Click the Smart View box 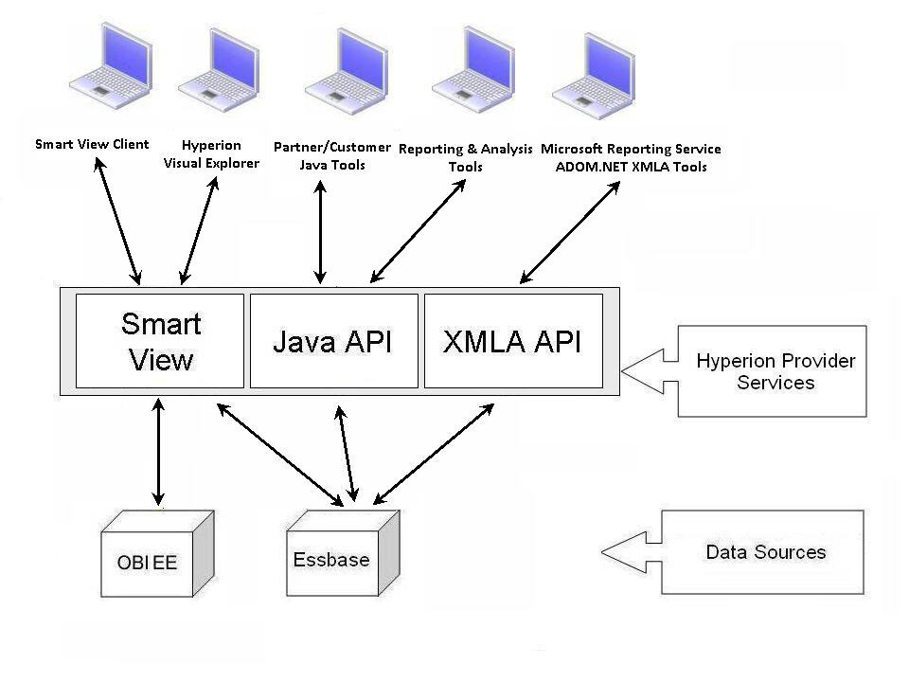click(160, 341)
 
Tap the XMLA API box click(512, 341)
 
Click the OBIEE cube click(151, 559)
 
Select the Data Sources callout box click(766, 552)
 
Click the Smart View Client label click(92, 145)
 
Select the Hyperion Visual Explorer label click(211, 154)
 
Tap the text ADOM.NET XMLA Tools click(631, 167)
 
